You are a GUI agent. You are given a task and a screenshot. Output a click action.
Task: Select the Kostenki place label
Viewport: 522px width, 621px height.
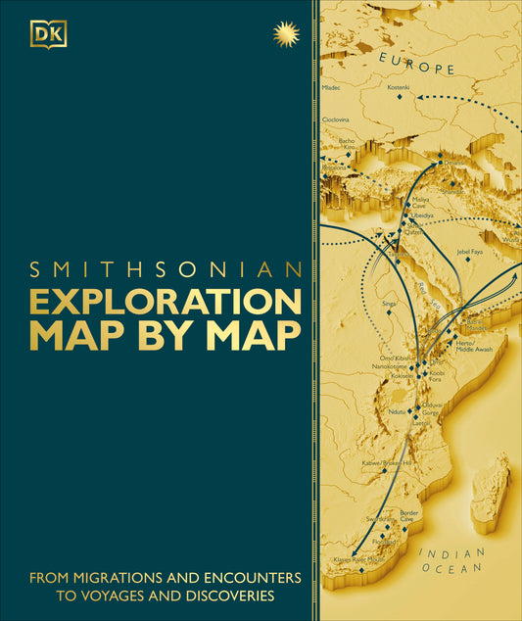point(399,88)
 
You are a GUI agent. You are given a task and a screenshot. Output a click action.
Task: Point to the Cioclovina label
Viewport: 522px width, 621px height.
point(336,119)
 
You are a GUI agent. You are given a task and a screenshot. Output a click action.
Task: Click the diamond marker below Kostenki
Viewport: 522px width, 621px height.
point(400,99)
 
